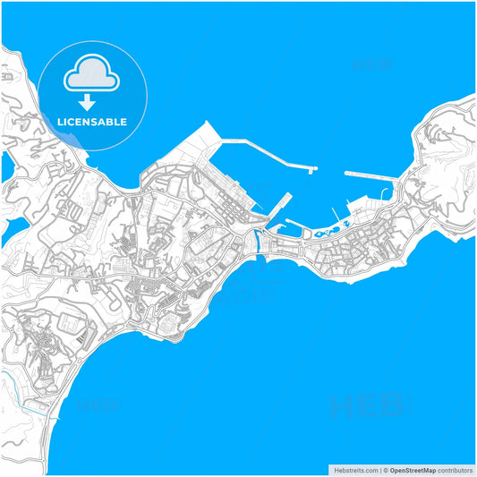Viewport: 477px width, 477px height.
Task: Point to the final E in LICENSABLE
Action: [124, 122]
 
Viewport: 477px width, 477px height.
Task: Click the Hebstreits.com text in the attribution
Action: [354, 470]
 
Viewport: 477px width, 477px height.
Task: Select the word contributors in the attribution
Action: [456, 470]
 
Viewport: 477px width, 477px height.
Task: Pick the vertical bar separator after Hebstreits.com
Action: [379, 470]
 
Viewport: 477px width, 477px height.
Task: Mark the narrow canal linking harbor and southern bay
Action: [258, 240]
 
